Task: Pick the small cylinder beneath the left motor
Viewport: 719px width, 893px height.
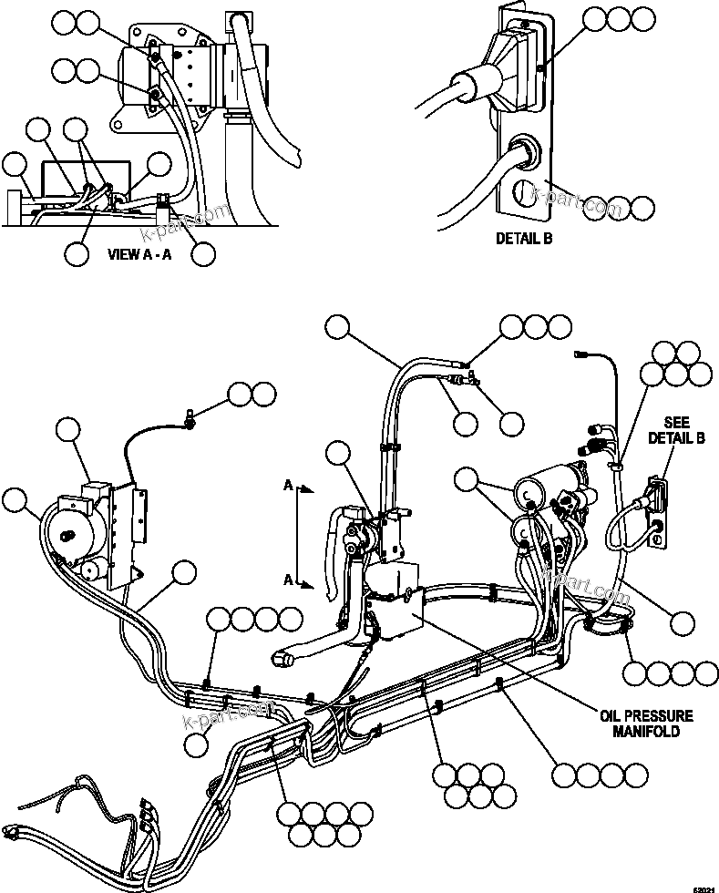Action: point(90,570)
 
